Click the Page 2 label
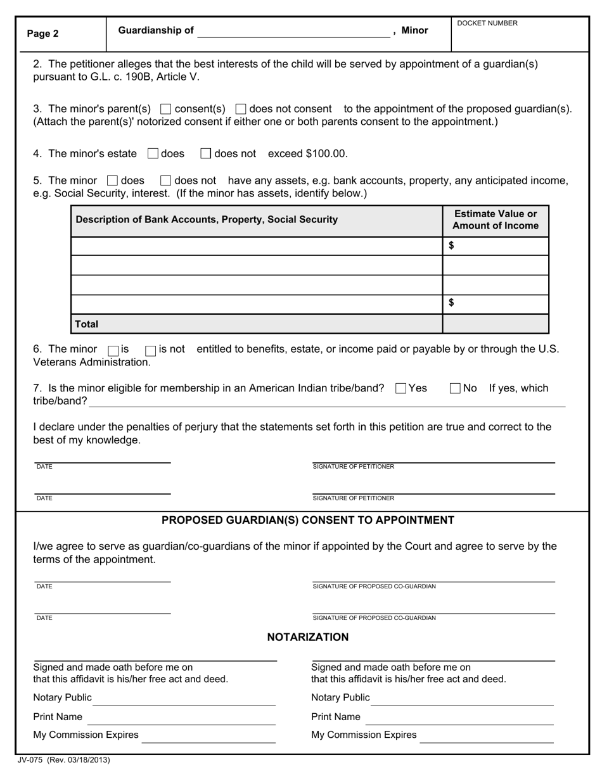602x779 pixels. (x=43, y=34)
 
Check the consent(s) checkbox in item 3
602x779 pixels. (x=166, y=109)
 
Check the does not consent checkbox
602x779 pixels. (x=241, y=109)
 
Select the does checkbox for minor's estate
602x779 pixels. (x=153, y=153)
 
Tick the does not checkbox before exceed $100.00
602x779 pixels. (x=206, y=153)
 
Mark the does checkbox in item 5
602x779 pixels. (x=113, y=180)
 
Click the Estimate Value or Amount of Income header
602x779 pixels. (x=496, y=220)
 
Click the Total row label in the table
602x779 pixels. (x=87, y=324)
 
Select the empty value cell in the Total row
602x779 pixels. (x=496, y=324)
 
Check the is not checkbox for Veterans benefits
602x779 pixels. (x=151, y=350)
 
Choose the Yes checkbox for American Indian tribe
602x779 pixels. (x=400, y=388)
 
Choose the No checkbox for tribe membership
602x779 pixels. (x=456, y=388)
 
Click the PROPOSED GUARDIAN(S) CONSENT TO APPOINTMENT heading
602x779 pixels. (x=308, y=520)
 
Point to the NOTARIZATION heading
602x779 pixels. (x=308, y=637)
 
